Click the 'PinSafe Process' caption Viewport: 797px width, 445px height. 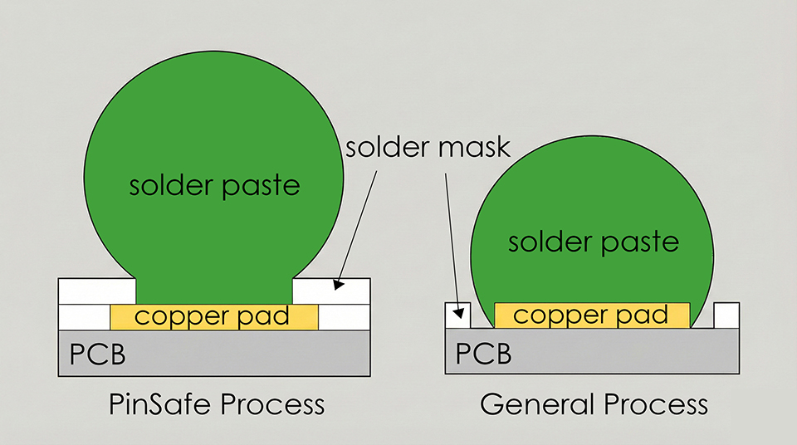point(217,404)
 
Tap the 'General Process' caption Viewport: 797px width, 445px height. point(594,404)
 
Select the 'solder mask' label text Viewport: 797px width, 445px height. point(428,149)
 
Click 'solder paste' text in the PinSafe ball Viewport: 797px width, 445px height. point(214,184)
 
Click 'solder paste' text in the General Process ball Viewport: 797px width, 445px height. point(594,242)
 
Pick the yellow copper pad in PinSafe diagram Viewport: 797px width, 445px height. point(214,316)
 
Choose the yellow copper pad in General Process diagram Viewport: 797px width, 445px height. point(592,315)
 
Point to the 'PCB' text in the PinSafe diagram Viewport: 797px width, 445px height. point(97,355)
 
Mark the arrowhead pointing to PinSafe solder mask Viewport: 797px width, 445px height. point(339,284)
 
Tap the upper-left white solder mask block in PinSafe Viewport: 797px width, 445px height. point(97,291)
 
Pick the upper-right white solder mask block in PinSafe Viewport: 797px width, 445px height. point(332,291)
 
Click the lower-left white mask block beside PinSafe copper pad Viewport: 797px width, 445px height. point(85,316)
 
